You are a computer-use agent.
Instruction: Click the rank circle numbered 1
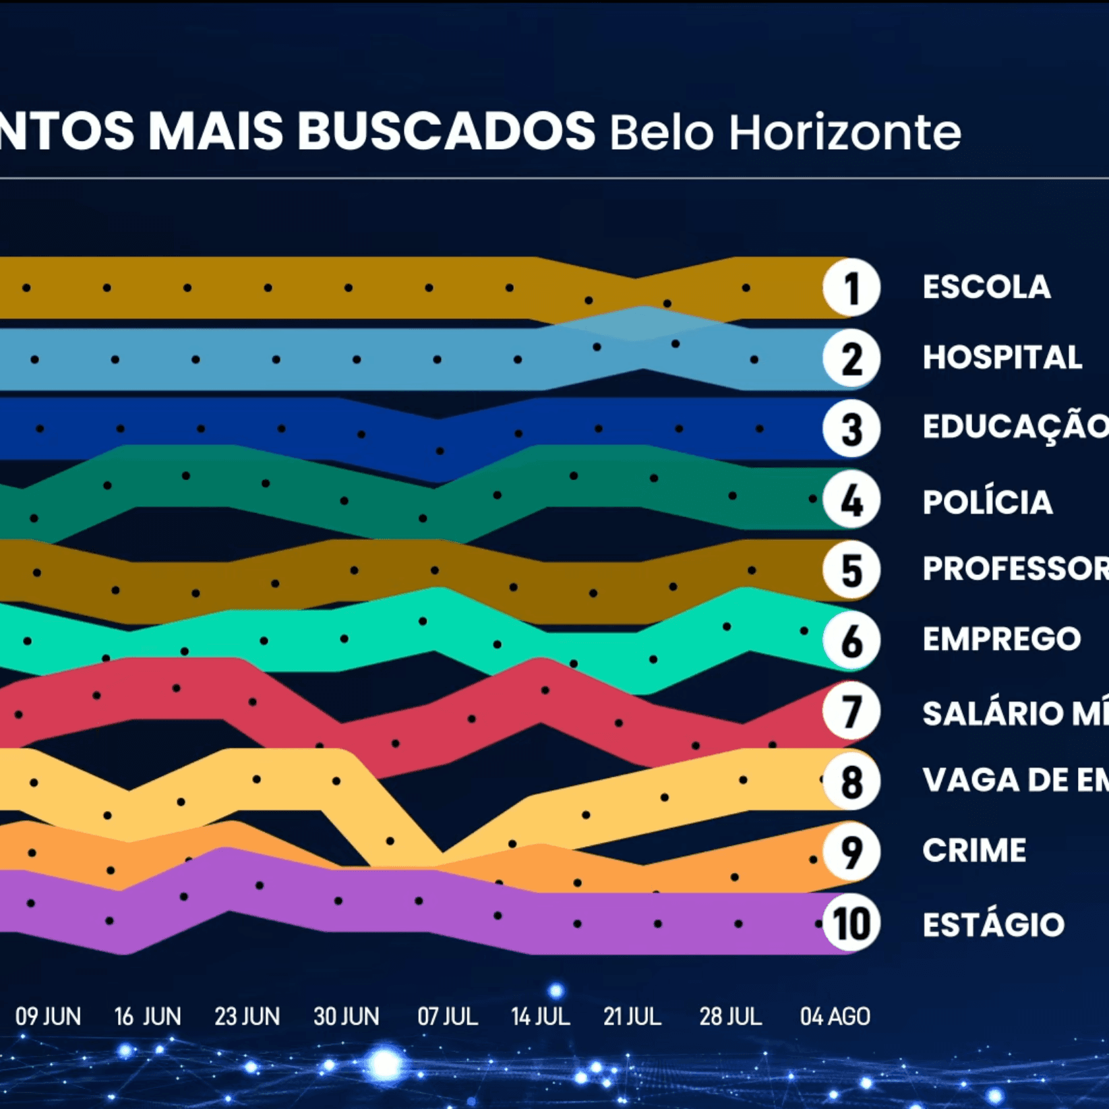[851, 288]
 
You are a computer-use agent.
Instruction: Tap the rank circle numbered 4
[851, 500]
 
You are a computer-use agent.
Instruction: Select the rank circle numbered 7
[851, 711]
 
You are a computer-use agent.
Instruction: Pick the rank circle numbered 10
[851, 923]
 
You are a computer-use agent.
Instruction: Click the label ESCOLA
[986, 287]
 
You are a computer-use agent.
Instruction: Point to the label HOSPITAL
[1002, 357]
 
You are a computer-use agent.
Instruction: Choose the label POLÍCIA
[987, 502]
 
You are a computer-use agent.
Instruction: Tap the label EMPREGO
[1001, 639]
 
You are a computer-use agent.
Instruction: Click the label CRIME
[974, 850]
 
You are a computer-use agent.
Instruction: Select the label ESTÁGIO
[993, 924]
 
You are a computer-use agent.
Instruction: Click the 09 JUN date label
[48, 1016]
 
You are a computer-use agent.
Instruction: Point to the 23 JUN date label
[247, 1016]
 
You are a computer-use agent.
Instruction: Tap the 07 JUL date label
[448, 1016]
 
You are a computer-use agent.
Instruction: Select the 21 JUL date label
[632, 1016]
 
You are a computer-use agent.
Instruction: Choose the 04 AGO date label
[835, 1016]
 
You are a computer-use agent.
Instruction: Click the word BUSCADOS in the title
[446, 131]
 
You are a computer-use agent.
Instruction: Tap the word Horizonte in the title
[844, 132]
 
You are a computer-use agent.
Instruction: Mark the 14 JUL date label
[540, 1016]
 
